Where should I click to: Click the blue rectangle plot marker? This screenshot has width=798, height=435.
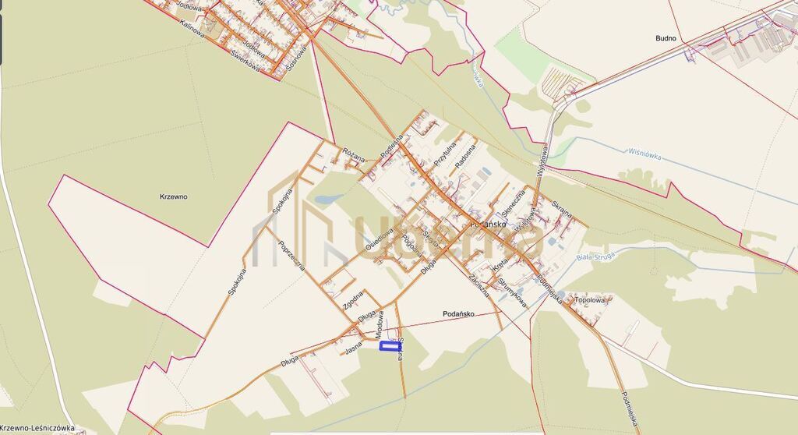[x=390, y=345]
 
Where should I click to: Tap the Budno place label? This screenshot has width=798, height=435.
[x=666, y=37]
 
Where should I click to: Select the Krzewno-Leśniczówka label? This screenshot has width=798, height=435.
[x=37, y=428]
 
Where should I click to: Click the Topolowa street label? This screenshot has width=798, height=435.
[x=589, y=299]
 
